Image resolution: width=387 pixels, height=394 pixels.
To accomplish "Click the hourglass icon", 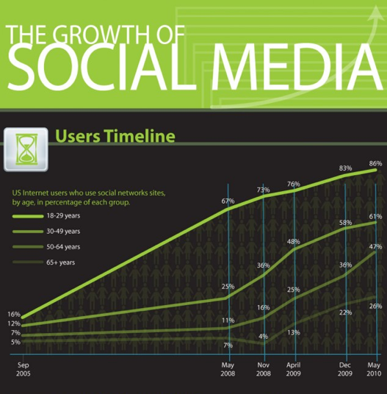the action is (x=26, y=149).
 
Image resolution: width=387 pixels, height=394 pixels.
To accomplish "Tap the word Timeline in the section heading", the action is (x=140, y=136).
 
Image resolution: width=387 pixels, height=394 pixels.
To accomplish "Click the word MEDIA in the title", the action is (x=297, y=67).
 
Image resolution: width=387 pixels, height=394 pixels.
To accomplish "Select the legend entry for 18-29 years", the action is (x=46, y=216).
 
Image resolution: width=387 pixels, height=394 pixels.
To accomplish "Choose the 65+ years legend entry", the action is (x=43, y=262).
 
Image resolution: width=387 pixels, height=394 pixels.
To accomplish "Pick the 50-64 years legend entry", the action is (x=46, y=247).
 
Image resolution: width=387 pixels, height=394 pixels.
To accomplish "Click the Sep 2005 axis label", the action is (x=23, y=369).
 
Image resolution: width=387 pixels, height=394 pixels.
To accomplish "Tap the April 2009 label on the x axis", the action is (x=294, y=369).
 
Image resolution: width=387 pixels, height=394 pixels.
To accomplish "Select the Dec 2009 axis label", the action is (x=345, y=369).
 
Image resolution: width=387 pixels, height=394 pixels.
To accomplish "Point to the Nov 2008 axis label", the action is (x=264, y=369).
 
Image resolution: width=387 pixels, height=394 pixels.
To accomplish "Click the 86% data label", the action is (x=375, y=164).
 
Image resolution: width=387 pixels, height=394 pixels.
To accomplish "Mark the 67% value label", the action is (x=228, y=201).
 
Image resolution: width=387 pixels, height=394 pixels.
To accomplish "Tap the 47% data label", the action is (x=375, y=247).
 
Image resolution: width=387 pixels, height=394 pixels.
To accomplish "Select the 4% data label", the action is (x=264, y=336).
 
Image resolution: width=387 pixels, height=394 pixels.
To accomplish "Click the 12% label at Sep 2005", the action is (x=14, y=323).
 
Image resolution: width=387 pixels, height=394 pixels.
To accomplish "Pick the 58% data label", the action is (x=345, y=223).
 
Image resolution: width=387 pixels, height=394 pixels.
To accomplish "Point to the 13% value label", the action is (x=294, y=332).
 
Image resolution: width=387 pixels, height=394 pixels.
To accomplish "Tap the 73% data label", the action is (x=264, y=190).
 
